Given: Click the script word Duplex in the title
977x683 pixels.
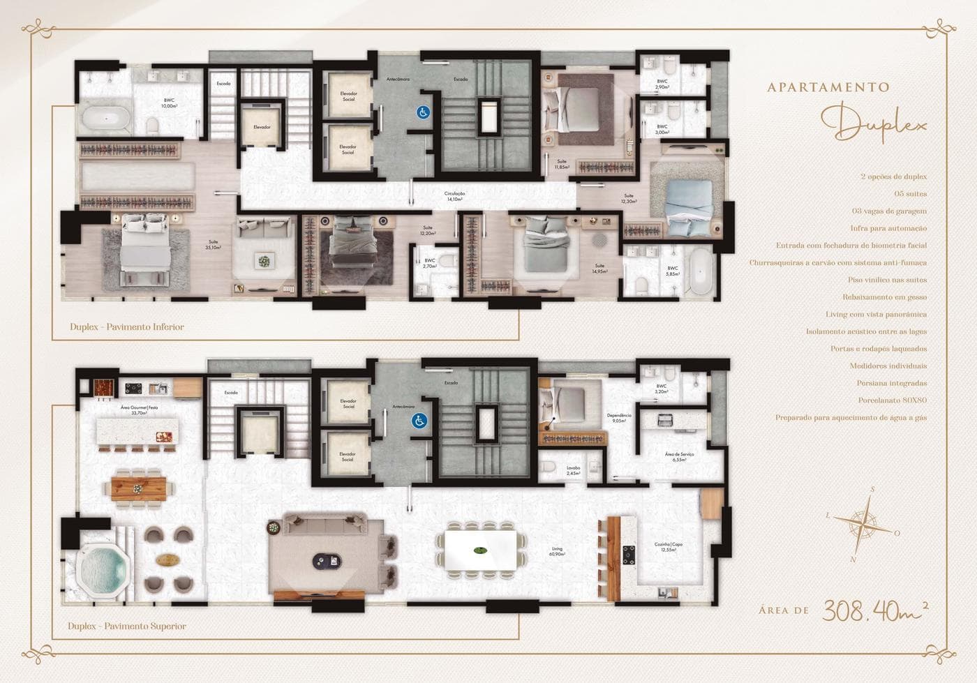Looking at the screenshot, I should [874, 124].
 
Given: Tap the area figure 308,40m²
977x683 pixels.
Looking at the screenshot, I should [874, 610].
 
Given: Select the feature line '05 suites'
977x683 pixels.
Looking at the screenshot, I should [910, 194].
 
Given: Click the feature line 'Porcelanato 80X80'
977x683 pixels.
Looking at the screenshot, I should [892, 400].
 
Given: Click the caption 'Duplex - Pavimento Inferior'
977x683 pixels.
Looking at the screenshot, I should [127, 327].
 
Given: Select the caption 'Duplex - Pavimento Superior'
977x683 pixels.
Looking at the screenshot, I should [127, 626].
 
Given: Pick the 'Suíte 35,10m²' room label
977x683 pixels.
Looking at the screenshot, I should [214, 244].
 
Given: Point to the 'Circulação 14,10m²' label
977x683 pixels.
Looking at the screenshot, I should [454, 196].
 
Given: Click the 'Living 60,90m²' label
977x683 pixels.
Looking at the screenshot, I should [557, 551].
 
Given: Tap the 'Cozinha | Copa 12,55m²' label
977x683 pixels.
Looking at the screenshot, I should [668, 546].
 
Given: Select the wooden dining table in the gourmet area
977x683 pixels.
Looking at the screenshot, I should [140, 486].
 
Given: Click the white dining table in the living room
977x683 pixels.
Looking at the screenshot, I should [479, 550].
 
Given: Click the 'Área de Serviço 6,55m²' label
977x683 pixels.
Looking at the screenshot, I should [679, 457].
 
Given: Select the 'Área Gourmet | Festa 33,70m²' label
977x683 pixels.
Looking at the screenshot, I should [140, 410].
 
